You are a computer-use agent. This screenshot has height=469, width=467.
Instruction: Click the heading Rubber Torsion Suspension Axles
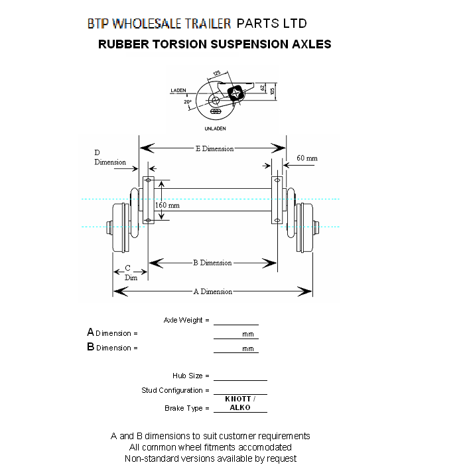coord(214,44)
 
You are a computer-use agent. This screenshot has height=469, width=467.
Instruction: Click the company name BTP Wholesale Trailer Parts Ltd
coord(197,24)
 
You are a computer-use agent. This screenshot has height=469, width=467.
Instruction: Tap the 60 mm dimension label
coord(307,158)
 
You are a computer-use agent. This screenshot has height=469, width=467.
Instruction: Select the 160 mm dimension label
coord(167,205)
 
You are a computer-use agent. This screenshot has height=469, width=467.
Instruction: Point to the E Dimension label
coord(214,148)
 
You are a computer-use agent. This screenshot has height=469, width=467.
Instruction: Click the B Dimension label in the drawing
coord(212,263)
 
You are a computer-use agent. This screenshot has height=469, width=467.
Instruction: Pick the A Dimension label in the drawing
coord(212,291)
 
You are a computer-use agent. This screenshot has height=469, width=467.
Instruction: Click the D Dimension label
coord(109,158)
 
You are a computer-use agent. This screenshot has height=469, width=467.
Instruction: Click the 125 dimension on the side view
coord(217,73)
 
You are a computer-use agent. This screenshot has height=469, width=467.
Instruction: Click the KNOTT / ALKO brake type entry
coord(239,403)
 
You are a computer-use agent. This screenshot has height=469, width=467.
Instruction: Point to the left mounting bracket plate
coord(148,199)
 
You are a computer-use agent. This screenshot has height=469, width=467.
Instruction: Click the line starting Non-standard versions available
coord(210,458)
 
